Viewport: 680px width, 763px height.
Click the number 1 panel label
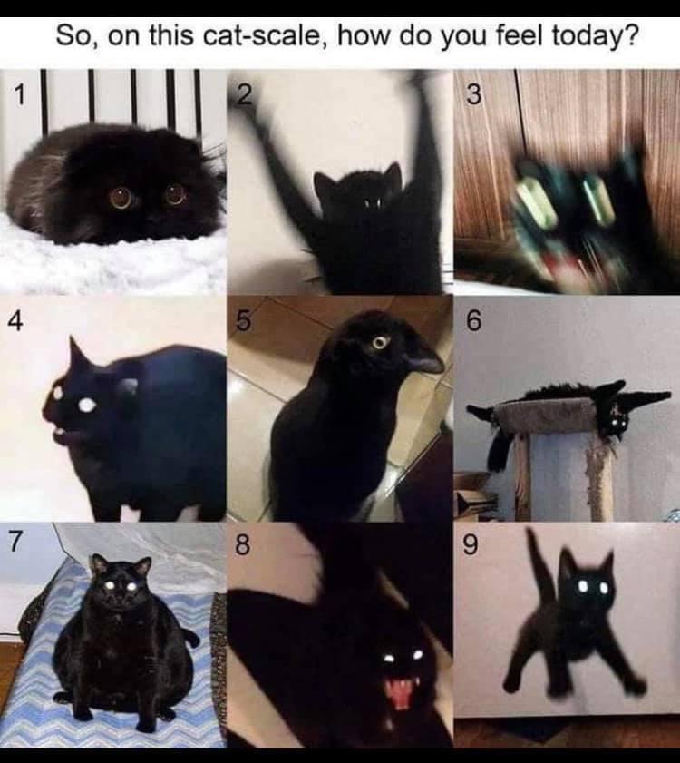(18, 94)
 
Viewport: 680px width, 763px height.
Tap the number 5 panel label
(244, 321)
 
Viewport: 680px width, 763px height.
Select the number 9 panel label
(470, 545)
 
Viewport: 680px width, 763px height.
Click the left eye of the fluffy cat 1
(121, 198)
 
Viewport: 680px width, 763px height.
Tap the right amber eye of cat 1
(175, 193)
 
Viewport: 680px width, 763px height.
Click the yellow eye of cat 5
(380, 343)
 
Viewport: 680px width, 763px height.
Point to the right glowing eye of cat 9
(603, 587)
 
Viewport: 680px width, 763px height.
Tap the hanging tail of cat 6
(497, 450)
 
